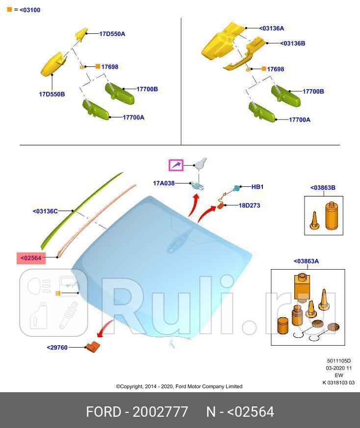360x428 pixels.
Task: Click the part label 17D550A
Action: (112, 34)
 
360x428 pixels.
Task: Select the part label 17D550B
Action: (52, 94)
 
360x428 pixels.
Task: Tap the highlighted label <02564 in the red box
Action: (31, 258)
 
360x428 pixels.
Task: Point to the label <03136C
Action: (45, 211)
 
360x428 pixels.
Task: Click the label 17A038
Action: (164, 183)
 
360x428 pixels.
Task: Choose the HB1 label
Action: (257, 187)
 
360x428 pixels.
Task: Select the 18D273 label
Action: (249, 205)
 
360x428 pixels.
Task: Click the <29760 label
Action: (57, 348)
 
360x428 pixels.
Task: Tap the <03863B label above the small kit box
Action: (323, 187)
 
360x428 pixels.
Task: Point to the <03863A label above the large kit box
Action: (306, 261)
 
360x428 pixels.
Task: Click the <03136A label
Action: (272, 28)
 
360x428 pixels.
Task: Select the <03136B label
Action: (293, 43)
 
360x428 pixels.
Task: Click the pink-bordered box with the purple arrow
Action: (176, 165)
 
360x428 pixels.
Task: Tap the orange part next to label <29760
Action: (93, 347)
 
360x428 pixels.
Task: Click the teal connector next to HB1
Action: (236, 188)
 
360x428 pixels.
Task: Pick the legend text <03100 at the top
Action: (30, 10)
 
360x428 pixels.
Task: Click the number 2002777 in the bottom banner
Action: (160, 412)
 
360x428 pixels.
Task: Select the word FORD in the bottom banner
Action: (103, 412)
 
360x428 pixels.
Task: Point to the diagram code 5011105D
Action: (339, 361)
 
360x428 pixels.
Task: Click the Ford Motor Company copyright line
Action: (179, 386)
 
